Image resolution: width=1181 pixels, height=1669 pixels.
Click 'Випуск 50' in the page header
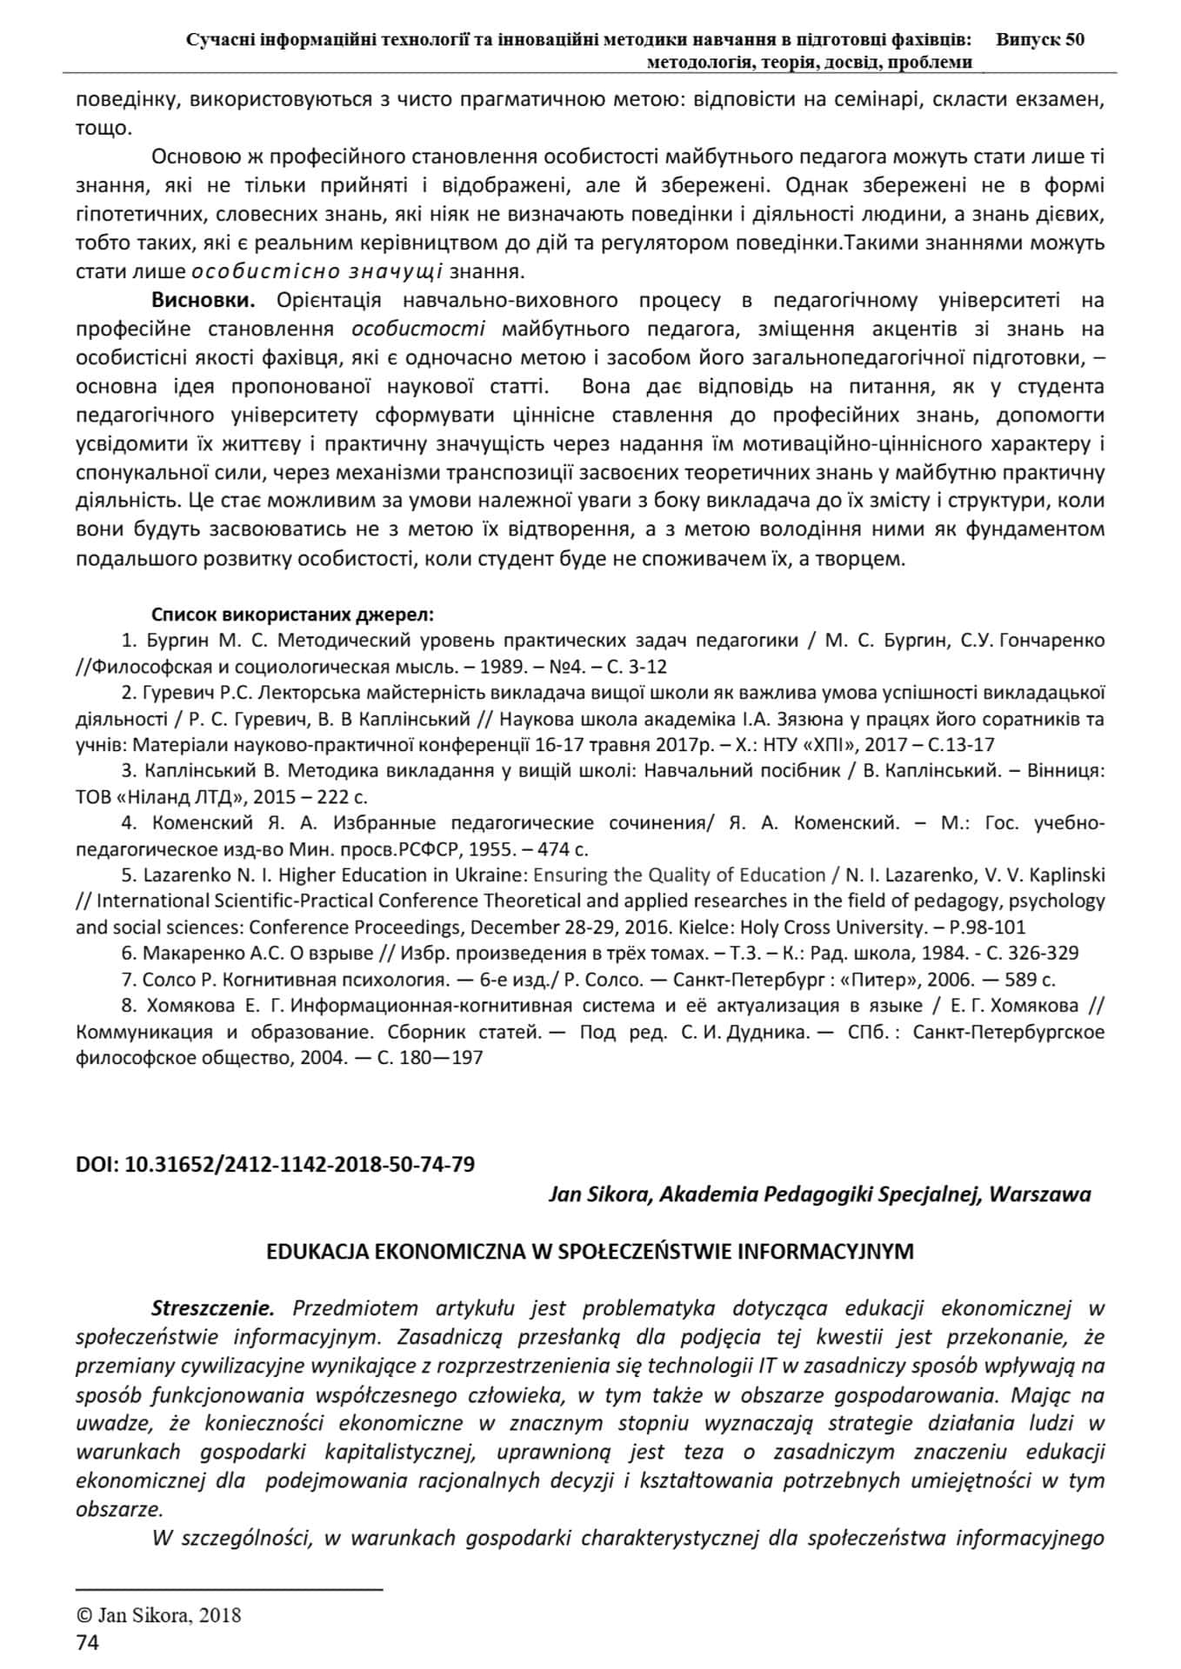[x=1039, y=39]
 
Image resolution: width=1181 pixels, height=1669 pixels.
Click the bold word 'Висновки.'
[x=204, y=301]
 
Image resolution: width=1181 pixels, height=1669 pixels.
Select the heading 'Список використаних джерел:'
[x=292, y=615]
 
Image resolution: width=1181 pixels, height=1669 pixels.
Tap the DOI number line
[x=276, y=1164]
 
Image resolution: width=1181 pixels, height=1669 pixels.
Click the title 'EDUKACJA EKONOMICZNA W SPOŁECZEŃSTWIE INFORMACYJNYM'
[x=590, y=1252]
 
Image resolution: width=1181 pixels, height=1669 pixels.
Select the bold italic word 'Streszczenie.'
[x=213, y=1308]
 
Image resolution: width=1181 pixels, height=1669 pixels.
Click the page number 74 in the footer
[x=88, y=1643]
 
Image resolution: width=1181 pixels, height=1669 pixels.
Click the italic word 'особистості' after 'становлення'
[x=418, y=329]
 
